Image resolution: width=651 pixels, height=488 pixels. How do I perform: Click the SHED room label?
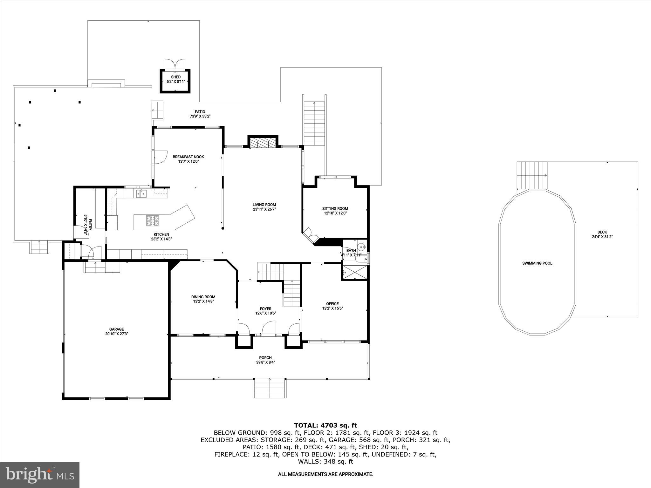coord(176,77)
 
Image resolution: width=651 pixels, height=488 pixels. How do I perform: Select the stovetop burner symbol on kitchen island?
coord(153,221)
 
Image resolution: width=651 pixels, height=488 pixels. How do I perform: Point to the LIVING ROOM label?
coord(264,205)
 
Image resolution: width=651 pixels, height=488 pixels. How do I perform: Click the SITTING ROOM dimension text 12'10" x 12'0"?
coord(335,213)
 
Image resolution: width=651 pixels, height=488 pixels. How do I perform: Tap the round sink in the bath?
coord(361,247)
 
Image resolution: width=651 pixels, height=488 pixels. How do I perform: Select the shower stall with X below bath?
coord(354,272)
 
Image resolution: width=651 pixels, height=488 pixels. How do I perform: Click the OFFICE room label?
coord(332,303)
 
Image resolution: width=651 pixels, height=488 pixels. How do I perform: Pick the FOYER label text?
coord(265,308)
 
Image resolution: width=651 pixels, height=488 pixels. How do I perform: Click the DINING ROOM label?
coord(203,297)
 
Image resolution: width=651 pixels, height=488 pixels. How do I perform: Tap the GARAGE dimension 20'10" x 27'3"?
coord(116,334)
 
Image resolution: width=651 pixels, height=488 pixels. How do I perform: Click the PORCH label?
coord(265,358)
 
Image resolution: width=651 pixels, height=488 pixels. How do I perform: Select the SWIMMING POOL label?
coord(537,263)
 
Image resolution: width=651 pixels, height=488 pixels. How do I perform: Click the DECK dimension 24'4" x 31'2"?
coord(602,236)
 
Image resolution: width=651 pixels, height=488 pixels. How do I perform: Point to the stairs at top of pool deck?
coord(532,175)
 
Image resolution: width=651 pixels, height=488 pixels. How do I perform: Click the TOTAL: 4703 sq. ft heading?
coord(325,425)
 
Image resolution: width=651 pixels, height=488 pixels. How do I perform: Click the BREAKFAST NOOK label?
coord(188,157)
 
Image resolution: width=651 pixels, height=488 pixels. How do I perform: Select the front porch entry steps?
coord(270,388)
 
